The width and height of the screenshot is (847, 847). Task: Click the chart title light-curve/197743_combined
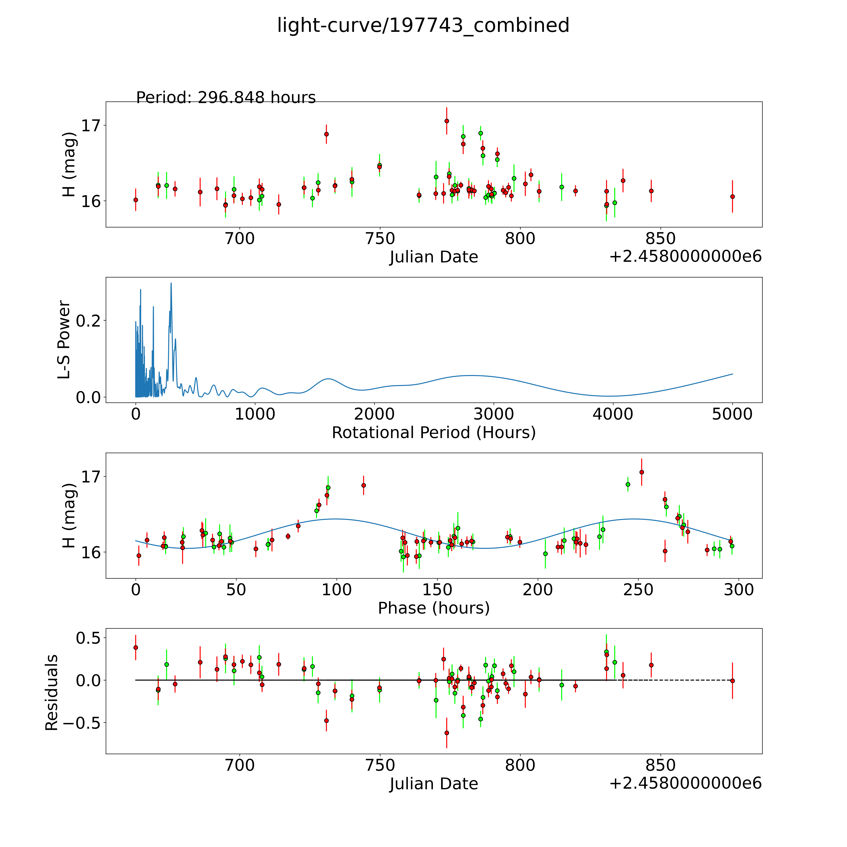click(423, 25)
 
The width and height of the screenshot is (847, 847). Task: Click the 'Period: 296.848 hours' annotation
click(226, 97)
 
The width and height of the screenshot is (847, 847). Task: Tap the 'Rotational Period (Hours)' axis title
click(434, 433)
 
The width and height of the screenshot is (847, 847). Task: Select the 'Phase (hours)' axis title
click(434, 608)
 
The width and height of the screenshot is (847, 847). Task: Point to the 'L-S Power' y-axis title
click(64, 340)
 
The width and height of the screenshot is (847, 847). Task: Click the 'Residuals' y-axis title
click(52, 693)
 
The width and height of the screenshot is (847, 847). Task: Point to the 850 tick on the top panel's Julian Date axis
click(660, 239)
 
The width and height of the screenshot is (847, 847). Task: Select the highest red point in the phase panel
click(641, 472)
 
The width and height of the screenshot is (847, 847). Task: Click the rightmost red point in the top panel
click(732, 196)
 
